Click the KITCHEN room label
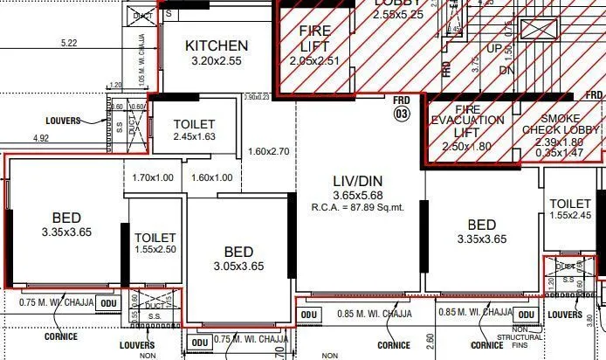coord(217,45)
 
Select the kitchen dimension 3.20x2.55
coord(217,63)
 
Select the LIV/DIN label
coord(358,179)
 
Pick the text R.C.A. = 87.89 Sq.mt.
coord(358,208)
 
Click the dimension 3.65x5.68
coord(358,195)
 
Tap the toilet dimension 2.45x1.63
coord(194,137)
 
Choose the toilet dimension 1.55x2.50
coord(155,250)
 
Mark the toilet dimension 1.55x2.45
coord(570,216)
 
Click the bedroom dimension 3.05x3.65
coord(238,266)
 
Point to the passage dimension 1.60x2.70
coord(268,151)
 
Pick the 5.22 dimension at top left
coord(69,43)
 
